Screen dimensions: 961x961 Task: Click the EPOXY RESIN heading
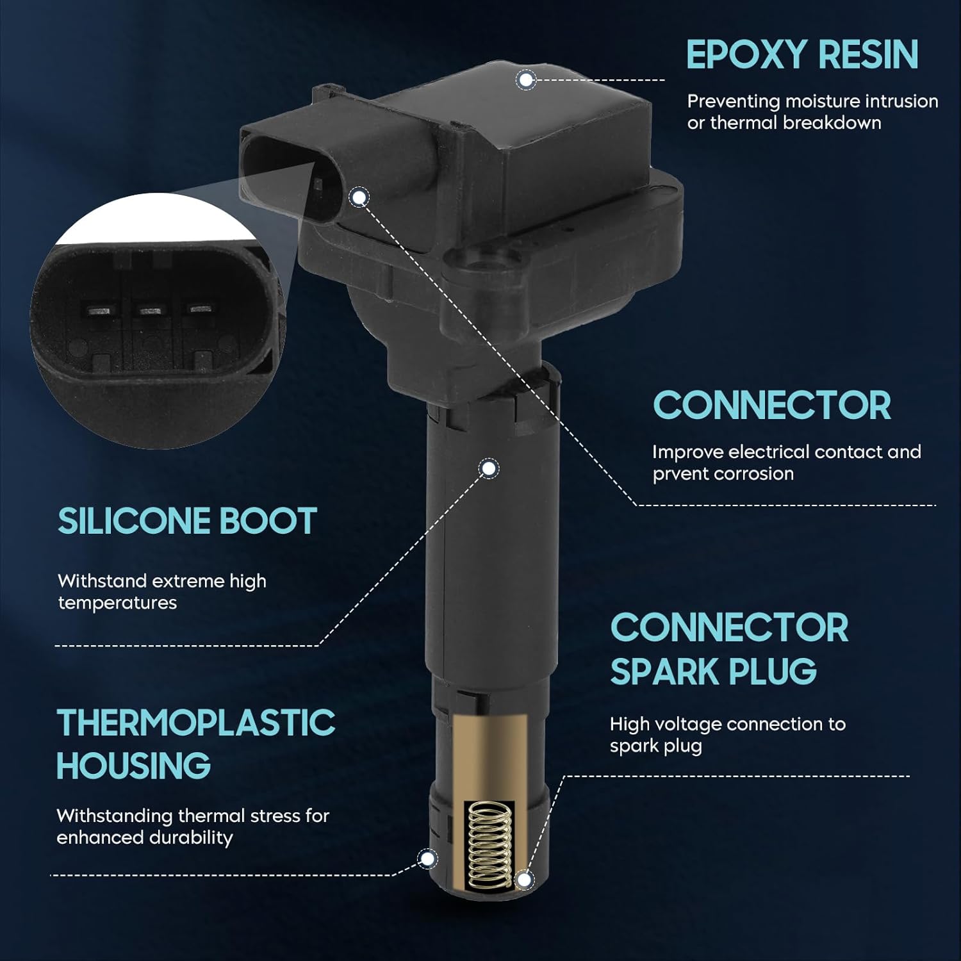pyautogui.click(x=802, y=54)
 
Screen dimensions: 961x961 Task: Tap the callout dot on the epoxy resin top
pyautogui.click(x=527, y=80)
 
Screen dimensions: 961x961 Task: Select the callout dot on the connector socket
pyautogui.click(x=359, y=197)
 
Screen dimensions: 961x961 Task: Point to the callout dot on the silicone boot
pyautogui.click(x=489, y=469)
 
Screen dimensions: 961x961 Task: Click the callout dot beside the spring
pyautogui.click(x=524, y=880)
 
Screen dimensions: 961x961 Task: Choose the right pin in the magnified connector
pyautogui.click(x=198, y=309)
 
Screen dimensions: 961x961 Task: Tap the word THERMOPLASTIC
pyautogui.click(x=195, y=723)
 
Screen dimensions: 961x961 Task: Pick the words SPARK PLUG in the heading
pyautogui.click(x=713, y=671)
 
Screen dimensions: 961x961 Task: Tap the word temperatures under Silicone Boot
pyautogui.click(x=117, y=604)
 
